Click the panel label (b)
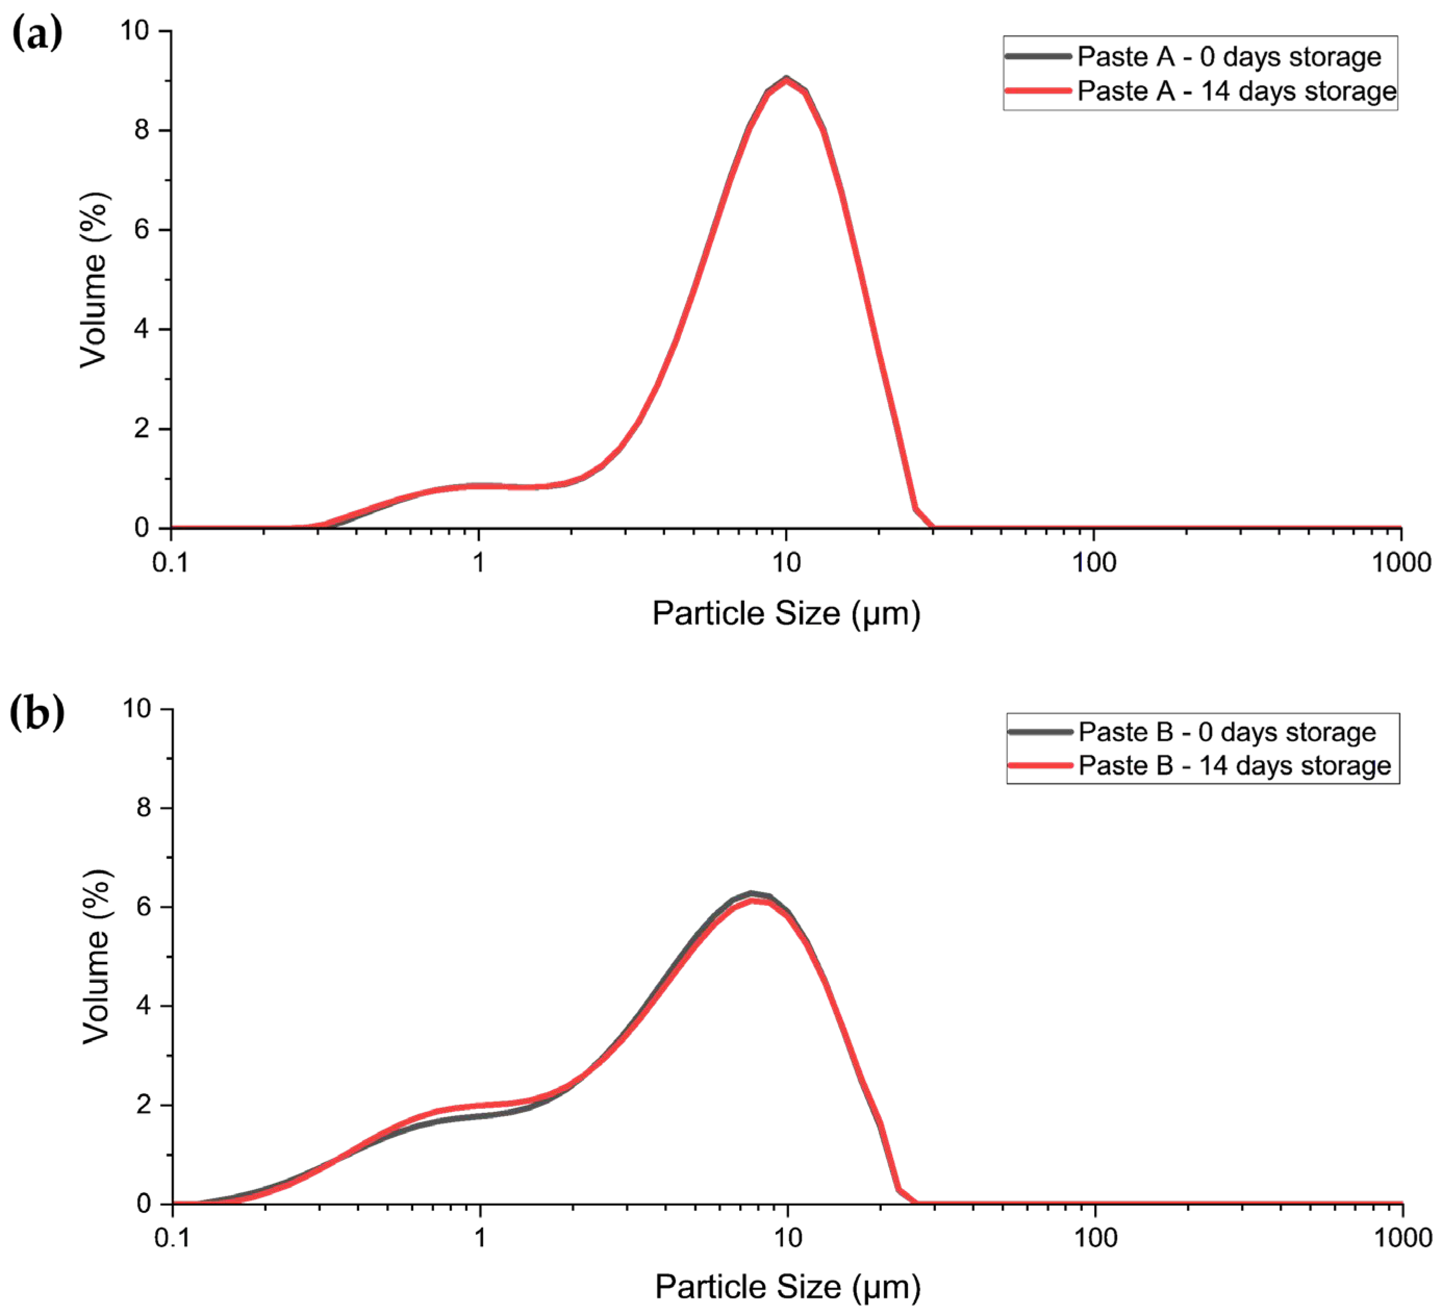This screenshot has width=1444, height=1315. coord(37,713)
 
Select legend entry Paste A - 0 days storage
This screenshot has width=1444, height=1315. coord(1228,57)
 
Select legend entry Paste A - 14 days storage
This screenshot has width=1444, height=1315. coord(1236,91)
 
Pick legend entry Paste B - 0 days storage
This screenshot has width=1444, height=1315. coord(1226,732)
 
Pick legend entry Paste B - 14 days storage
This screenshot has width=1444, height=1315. coord(1234,766)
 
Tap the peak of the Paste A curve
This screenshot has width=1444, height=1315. coord(787,78)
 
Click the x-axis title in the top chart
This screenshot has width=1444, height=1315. coord(786,614)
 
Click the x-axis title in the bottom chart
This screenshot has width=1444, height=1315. coord(787,1286)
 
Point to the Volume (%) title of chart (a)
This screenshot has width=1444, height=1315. coord(94,280)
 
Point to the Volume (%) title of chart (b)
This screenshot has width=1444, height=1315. coord(96,956)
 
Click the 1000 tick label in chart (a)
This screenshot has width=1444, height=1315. coord(1401,563)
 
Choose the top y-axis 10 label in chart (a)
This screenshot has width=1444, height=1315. coord(135,31)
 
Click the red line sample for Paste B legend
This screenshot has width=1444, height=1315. coord(1040,766)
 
